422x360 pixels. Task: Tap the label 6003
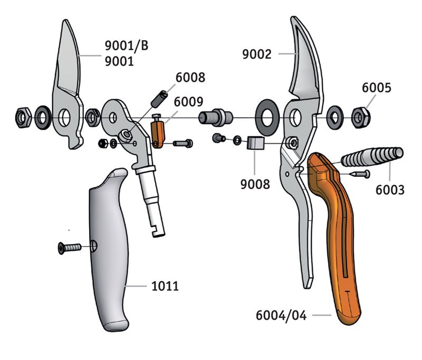390,189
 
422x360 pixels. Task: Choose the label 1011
164,287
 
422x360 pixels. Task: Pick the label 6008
190,78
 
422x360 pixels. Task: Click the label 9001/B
127,46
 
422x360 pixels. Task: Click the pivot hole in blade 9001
65,116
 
